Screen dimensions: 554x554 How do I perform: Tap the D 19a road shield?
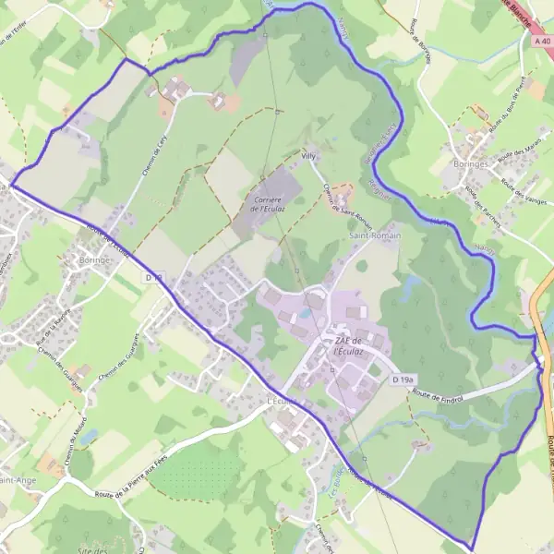click(401, 379)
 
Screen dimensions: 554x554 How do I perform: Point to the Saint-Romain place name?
click(373, 237)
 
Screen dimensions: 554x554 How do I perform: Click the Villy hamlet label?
click(308, 157)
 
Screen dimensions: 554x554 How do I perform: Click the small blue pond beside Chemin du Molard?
click(87, 435)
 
